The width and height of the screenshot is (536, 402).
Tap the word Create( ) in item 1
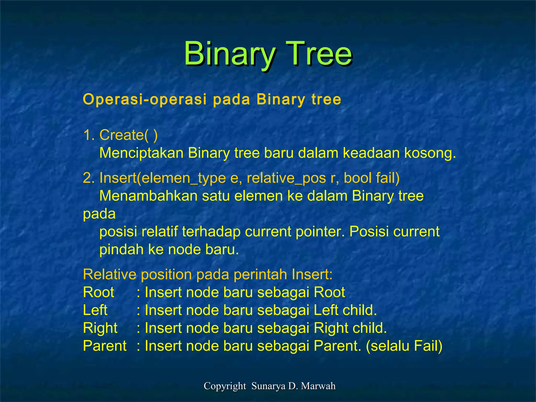coord(128,135)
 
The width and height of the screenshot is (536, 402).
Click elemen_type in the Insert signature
coord(183,178)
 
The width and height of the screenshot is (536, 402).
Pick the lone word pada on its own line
coord(99,214)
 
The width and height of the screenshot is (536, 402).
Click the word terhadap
coord(211,232)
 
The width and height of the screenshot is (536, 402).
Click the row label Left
coord(95,310)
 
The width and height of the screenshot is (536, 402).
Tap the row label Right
coord(100,328)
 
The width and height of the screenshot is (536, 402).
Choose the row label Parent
coord(105,346)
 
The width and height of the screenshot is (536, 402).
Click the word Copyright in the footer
coord(225,386)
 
